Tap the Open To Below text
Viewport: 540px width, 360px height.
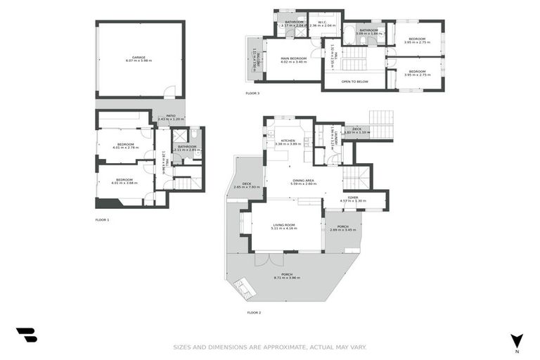click(x=355, y=82)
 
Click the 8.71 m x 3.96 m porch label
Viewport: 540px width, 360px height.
click(x=287, y=276)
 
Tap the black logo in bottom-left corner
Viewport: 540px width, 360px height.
click(x=27, y=335)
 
